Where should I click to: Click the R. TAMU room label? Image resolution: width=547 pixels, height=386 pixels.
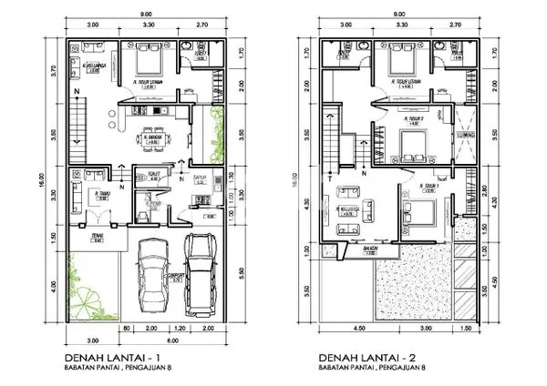[x=98, y=193]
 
